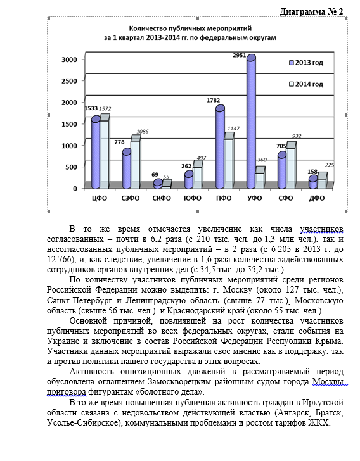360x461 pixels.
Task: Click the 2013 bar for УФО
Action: (x=251, y=123)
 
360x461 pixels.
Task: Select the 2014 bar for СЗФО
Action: (x=136, y=163)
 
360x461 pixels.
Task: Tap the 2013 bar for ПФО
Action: (x=220, y=149)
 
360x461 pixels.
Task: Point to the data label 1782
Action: (x=214, y=100)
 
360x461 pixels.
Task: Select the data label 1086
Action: (x=142, y=131)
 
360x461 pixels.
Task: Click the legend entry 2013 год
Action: (x=309, y=63)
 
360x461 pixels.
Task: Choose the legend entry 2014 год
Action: (x=309, y=84)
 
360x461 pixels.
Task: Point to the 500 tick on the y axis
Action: (x=72, y=167)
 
